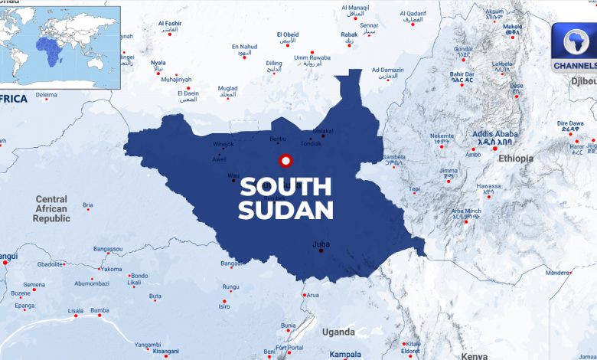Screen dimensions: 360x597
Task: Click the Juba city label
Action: coord(321,244)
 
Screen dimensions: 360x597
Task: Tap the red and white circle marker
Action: coord(286,161)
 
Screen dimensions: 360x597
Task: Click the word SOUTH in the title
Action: coord(286,186)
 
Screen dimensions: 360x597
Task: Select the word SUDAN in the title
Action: coord(286,210)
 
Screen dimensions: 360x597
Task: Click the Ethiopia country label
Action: coord(515,159)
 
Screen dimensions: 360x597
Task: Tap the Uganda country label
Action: coord(338,332)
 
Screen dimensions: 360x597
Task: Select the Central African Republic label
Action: coord(51,208)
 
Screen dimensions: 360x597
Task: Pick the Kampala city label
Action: coord(345,355)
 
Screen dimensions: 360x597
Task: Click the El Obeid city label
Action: coord(288,34)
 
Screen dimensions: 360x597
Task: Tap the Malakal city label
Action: coord(324,131)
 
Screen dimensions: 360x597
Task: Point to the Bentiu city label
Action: coord(278,139)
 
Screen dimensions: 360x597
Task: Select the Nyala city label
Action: coord(158,63)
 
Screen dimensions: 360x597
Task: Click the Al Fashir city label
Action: coord(169,24)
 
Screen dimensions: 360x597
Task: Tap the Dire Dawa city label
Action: coord(570,123)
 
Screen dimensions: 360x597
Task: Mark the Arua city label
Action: coord(312,295)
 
